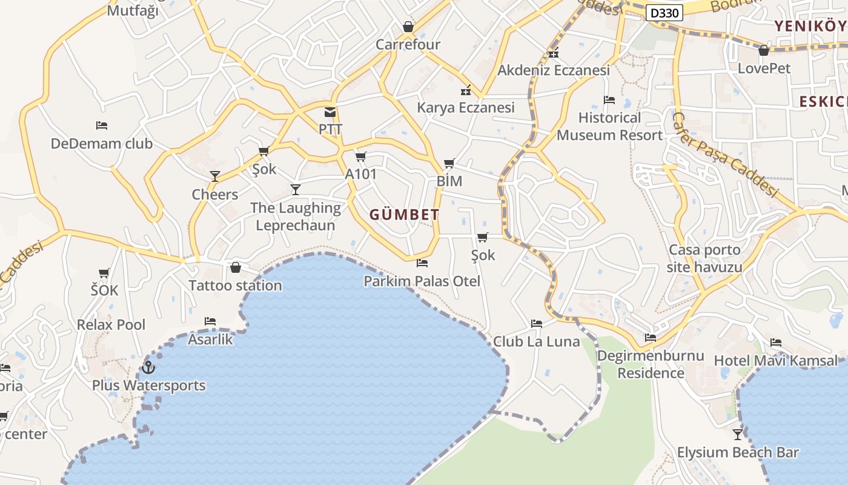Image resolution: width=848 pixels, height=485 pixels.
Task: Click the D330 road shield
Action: (x=664, y=13)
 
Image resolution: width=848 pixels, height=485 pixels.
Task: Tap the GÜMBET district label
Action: (x=404, y=215)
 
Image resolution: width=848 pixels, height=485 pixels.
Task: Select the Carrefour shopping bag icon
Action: (x=408, y=27)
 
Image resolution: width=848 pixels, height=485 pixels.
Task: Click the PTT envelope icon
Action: (x=330, y=112)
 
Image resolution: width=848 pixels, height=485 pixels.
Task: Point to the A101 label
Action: (x=361, y=175)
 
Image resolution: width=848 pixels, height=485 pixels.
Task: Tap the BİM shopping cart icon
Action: (x=449, y=163)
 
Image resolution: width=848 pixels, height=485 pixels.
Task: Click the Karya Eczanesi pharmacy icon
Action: (x=466, y=90)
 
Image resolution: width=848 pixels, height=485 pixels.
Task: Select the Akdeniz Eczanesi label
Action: (x=554, y=70)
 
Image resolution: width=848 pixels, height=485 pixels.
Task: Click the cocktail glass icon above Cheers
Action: (x=215, y=176)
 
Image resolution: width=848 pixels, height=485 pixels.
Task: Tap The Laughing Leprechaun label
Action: (x=296, y=216)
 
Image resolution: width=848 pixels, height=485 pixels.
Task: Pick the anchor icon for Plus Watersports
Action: (x=148, y=367)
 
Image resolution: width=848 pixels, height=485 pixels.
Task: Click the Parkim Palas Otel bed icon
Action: (x=422, y=263)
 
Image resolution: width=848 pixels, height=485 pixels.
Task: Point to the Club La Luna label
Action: (x=537, y=341)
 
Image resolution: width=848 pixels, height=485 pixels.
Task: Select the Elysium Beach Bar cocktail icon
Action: (x=738, y=434)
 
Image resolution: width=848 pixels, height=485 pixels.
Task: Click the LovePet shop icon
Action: (x=764, y=50)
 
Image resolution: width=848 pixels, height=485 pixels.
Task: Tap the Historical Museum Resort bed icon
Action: (x=609, y=99)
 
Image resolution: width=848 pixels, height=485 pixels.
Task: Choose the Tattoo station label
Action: (x=235, y=286)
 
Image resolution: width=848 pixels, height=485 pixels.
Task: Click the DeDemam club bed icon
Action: (x=102, y=125)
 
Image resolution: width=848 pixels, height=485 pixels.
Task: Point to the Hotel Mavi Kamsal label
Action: (x=776, y=361)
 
